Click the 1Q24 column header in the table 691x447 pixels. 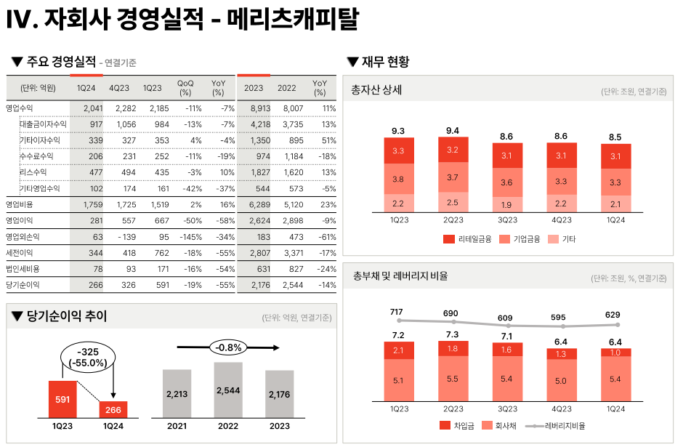pos(86,88)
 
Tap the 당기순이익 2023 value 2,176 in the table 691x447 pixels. pos(254,285)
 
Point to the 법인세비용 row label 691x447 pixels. pos(23,269)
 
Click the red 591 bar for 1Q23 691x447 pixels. pos(62,399)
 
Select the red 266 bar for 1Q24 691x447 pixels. pos(113,408)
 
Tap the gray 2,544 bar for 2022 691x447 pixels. pos(228,390)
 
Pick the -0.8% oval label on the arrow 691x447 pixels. pos(228,347)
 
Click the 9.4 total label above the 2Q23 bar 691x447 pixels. pos(453,131)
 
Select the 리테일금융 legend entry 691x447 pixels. pos(462,238)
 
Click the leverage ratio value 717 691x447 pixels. pos(396,313)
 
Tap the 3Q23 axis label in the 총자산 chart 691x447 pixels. pos(507,220)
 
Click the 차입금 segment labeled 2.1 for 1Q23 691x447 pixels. pos(399,351)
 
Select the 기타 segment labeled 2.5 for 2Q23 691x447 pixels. pos(453,202)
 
